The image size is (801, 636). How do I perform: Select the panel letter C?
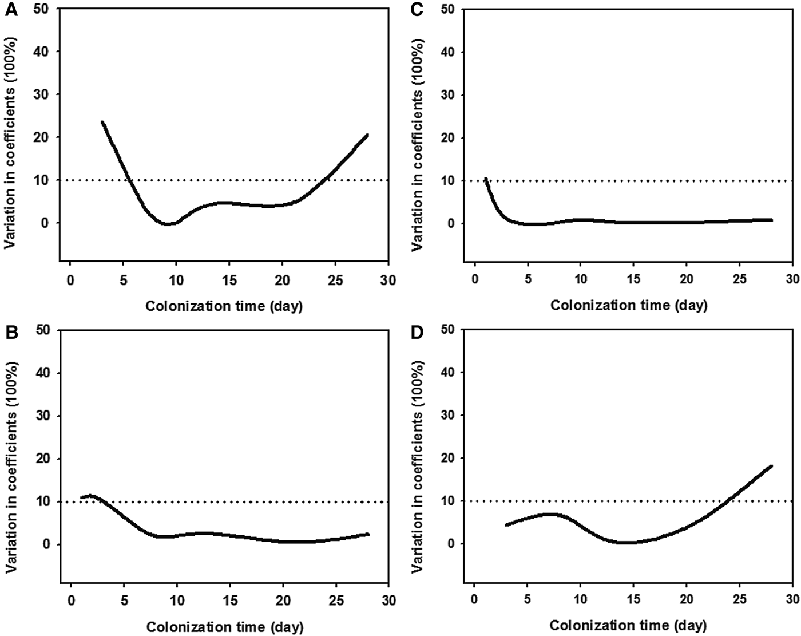[416, 10]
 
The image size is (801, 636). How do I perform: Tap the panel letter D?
[416, 331]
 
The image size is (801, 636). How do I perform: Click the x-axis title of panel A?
[224, 306]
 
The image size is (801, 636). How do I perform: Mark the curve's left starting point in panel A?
[102, 122]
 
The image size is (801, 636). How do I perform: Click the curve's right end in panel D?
[771, 466]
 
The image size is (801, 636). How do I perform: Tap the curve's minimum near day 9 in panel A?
[167, 224]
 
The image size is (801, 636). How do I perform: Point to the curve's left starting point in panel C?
[486, 179]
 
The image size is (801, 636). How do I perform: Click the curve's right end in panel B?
[368, 534]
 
